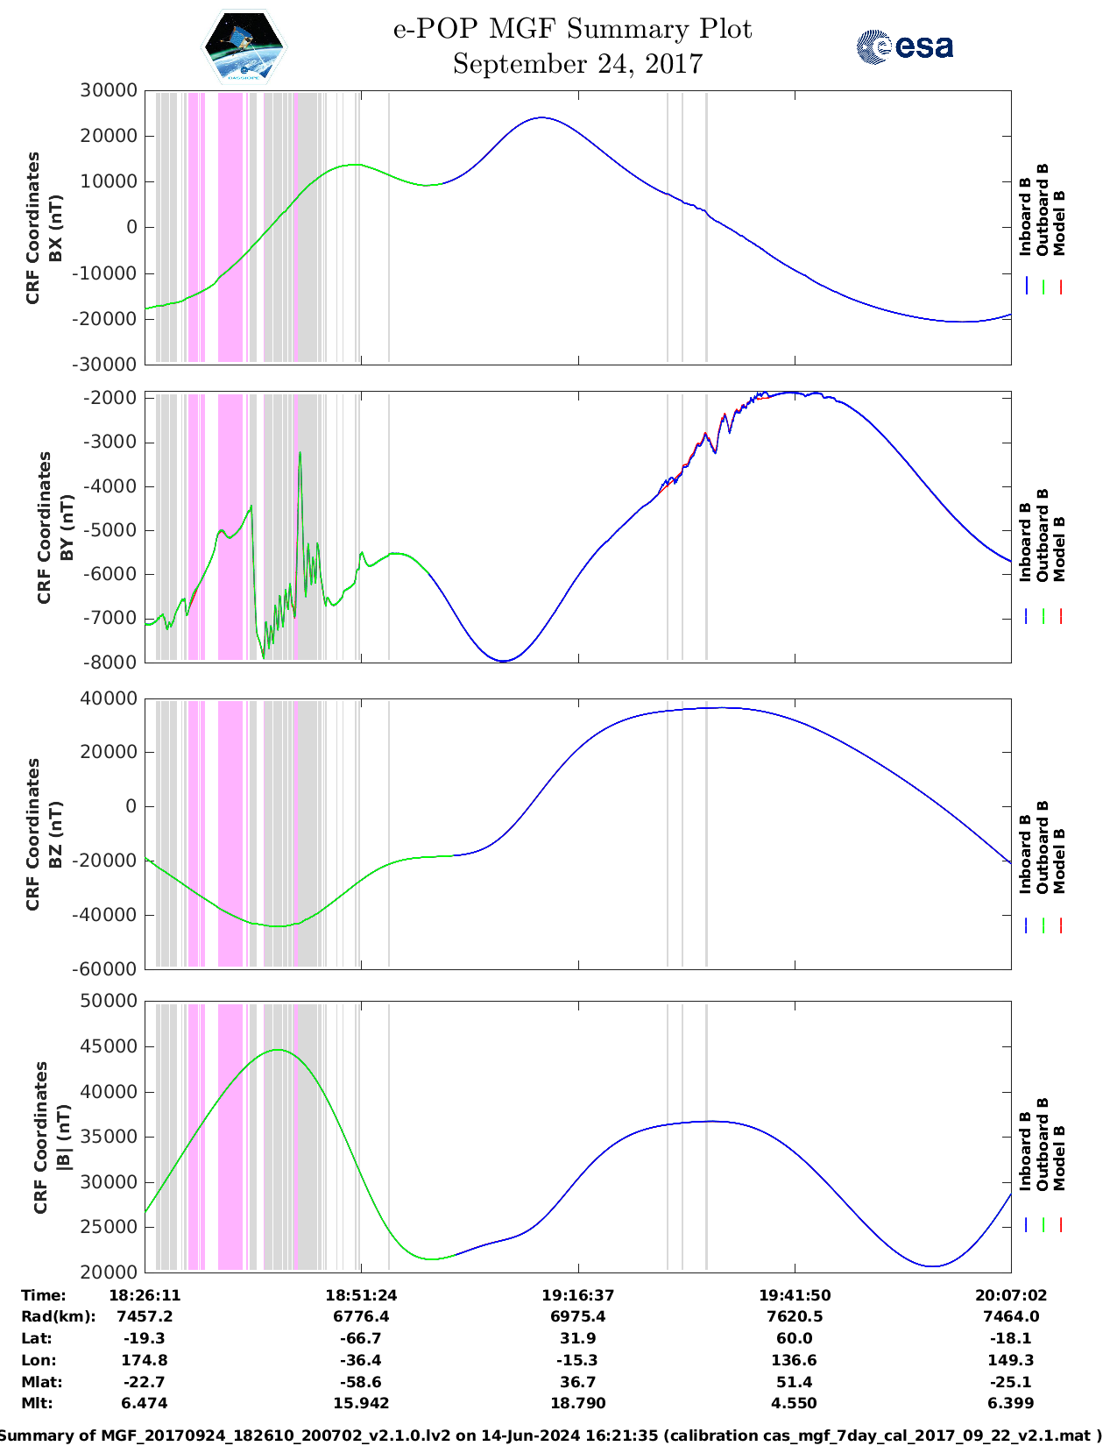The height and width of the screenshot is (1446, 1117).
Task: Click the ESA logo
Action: coord(904,46)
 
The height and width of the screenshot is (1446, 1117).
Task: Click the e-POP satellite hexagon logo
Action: coord(244,46)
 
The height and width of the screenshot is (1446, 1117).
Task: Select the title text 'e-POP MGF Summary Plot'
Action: coord(572,29)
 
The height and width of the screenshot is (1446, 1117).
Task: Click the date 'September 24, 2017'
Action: coord(577,64)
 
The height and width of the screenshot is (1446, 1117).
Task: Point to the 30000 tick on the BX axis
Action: coord(109,90)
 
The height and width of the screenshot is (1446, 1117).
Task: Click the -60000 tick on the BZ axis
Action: coord(105,969)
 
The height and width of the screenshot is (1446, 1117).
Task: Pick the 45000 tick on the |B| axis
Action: coord(109,1046)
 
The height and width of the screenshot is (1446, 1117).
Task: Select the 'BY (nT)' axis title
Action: coord(67,528)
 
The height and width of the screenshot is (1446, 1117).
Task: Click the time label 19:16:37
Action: coord(577,1295)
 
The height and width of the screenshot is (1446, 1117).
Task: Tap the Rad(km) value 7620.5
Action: coord(794,1316)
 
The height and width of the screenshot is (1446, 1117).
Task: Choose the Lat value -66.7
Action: coord(360,1338)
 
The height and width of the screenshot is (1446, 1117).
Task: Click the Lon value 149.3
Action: coord(1011,1360)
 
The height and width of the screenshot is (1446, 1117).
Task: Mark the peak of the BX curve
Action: coord(542,117)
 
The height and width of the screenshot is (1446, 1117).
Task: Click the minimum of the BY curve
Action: coord(503,661)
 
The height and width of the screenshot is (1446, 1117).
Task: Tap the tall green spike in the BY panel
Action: coord(300,454)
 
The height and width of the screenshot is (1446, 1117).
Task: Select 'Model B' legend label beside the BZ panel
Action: coord(1060,861)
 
